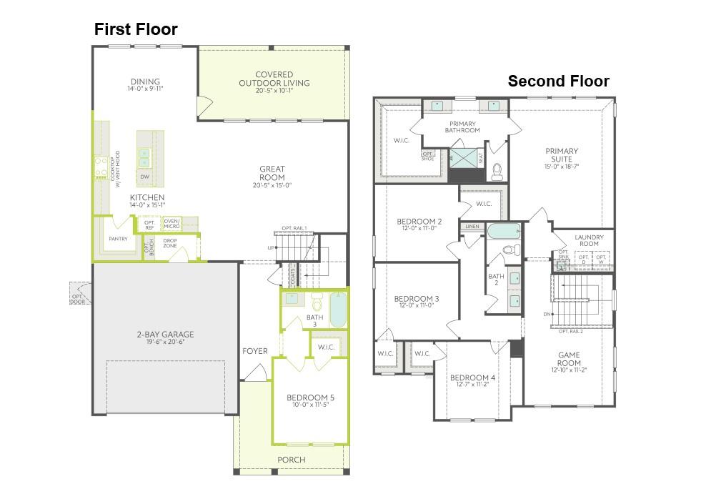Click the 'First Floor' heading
tap(136, 29)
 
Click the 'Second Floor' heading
tap(558, 81)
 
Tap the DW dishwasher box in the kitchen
tap(145, 177)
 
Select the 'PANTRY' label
tap(118, 239)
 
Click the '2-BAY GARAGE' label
tap(165, 334)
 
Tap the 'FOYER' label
tap(255, 351)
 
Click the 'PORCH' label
tap(291, 459)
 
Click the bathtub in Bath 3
tap(338, 309)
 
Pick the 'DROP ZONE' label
tap(170, 243)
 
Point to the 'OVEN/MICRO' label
tap(171, 224)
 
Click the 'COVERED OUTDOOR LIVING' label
tap(274, 79)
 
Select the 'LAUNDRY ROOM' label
tap(589, 241)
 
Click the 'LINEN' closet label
tap(472, 227)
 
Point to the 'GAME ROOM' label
tap(569, 359)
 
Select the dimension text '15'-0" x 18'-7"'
tap(562, 167)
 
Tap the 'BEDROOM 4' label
tap(472, 377)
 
